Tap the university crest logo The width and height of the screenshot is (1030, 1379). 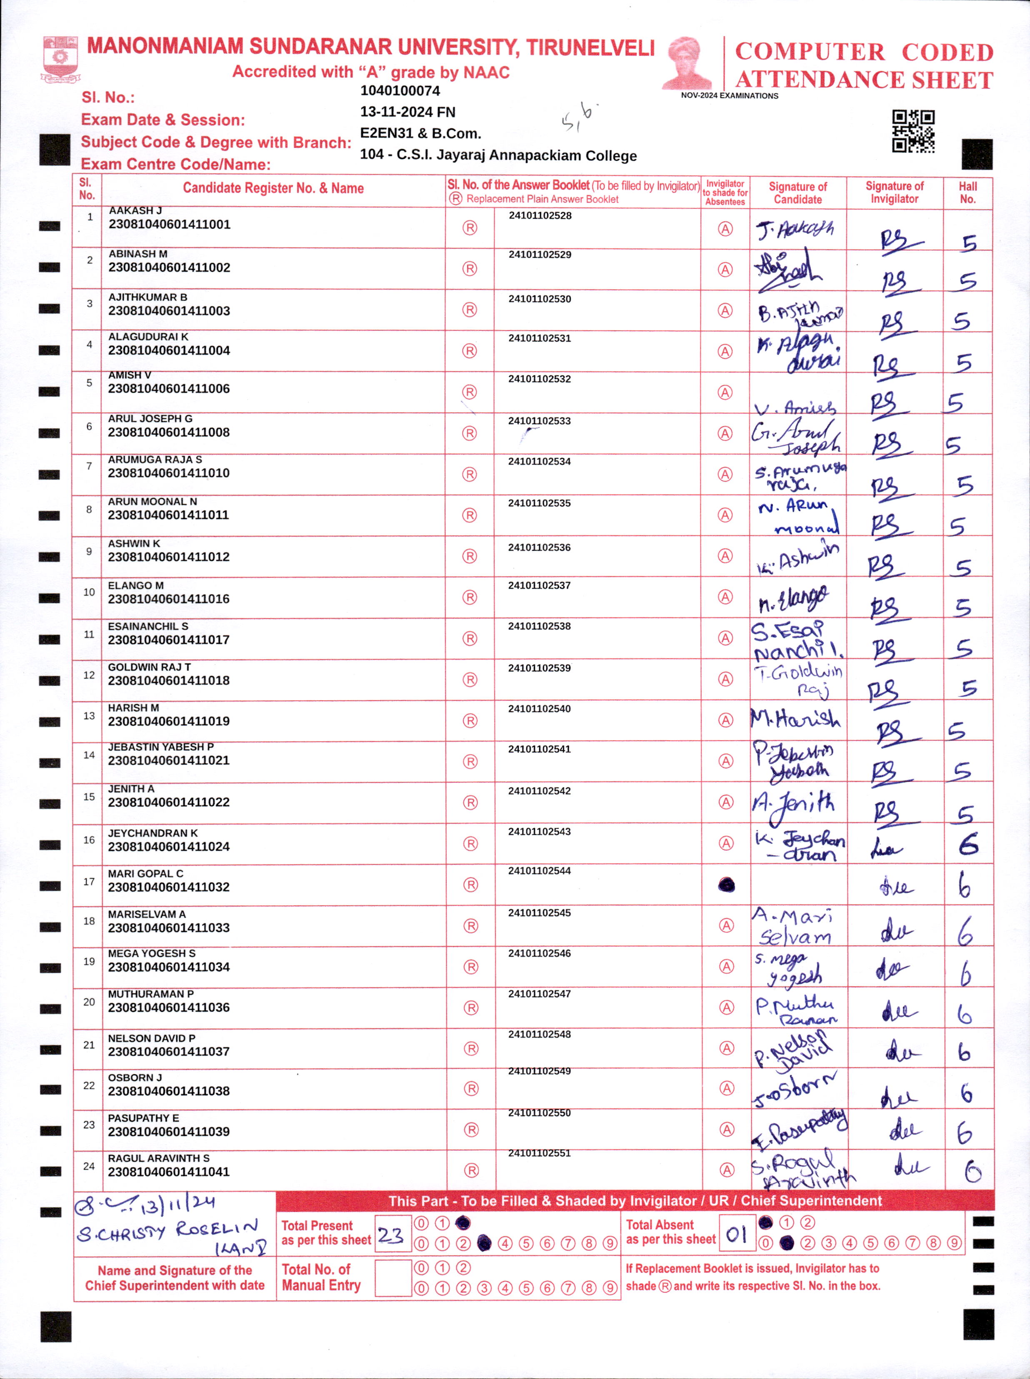pyautogui.click(x=60, y=59)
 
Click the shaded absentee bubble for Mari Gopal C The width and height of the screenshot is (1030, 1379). pyautogui.click(x=726, y=884)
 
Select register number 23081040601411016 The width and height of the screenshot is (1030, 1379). pyautogui.click(x=168, y=599)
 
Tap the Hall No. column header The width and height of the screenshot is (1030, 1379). pyautogui.click(x=967, y=192)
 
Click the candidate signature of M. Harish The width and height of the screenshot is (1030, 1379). pyautogui.click(x=795, y=719)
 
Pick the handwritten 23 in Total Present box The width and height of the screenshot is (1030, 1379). pyautogui.click(x=391, y=1235)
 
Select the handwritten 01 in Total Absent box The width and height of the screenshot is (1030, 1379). pyautogui.click(x=736, y=1234)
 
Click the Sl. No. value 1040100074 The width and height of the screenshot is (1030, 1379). pyautogui.click(x=400, y=91)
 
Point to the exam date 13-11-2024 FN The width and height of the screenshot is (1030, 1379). pyautogui.click(x=408, y=112)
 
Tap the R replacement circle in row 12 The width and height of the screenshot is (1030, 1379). pyautogui.click(x=470, y=680)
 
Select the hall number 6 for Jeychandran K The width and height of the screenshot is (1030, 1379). pyautogui.click(x=967, y=845)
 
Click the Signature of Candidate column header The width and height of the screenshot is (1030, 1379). pyautogui.click(x=797, y=192)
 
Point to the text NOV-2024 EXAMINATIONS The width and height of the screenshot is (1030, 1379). pyautogui.click(x=730, y=96)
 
